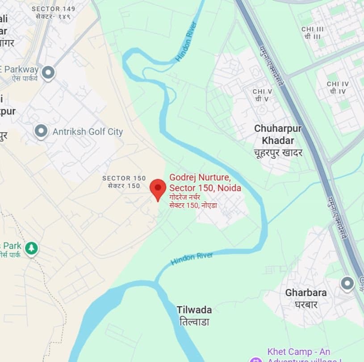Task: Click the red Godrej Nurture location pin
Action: [158, 188]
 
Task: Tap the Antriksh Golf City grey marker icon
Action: [41, 131]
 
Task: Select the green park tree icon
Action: [31, 247]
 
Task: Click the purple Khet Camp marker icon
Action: [255, 358]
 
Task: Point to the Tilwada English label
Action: [194, 310]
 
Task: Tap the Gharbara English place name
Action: [306, 293]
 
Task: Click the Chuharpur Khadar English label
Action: [278, 134]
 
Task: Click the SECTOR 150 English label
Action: [124, 178]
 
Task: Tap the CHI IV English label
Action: [338, 84]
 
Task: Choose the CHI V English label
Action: [262, 91]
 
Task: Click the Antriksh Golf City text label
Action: [88, 132]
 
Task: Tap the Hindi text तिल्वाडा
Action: [194, 321]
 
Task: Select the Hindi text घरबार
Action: [306, 304]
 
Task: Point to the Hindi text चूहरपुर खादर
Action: [278, 152]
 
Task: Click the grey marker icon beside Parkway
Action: [48, 72]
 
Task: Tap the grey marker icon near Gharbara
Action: [347, 283]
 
